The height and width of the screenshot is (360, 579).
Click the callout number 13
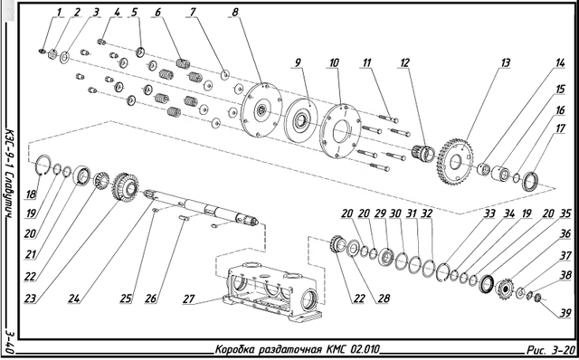[x=505, y=62]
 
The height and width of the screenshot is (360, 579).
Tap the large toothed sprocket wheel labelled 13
[x=455, y=162]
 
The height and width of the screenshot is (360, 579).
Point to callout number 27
[x=188, y=298]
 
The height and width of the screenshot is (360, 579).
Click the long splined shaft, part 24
[x=202, y=208]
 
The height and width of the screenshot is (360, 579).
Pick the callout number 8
[x=235, y=12]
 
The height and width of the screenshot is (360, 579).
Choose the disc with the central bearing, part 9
[x=301, y=119]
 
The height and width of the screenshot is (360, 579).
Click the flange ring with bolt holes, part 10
[x=340, y=131]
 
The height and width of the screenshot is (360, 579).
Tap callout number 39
[x=565, y=314]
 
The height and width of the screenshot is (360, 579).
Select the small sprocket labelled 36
[x=504, y=289]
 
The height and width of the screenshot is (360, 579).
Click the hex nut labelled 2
[x=52, y=54]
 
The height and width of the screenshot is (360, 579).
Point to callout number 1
[x=59, y=12]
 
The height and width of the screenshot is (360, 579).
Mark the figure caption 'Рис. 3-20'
[x=551, y=349]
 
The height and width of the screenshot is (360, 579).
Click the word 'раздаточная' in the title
[x=289, y=349]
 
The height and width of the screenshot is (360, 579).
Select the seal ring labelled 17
[x=530, y=181]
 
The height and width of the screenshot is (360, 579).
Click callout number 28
[x=384, y=298]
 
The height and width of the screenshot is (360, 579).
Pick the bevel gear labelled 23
[x=126, y=187]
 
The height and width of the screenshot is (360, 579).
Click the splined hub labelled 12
[x=423, y=153]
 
